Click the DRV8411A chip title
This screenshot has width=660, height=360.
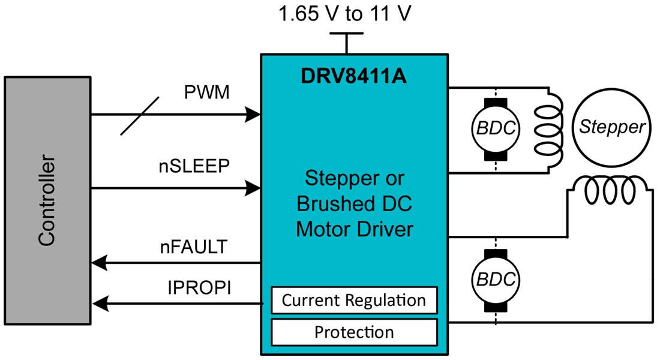click(x=354, y=77)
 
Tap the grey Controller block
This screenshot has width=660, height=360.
click(x=47, y=200)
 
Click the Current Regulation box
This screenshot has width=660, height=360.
click(x=354, y=300)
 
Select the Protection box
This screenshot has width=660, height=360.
click(x=354, y=332)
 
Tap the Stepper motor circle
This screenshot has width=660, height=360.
click(x=611, y=127)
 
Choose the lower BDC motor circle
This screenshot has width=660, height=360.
click(x=495, y=280)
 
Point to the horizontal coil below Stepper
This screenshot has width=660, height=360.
click(x=611, y=191)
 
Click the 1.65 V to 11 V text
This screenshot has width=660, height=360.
click(x=345, y=13)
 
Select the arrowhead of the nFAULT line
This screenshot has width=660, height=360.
click(x=97, y=262)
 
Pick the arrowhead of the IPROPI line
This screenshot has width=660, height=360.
click(x=97, y=304)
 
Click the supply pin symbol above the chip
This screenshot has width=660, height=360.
click(x=346, y=42)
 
